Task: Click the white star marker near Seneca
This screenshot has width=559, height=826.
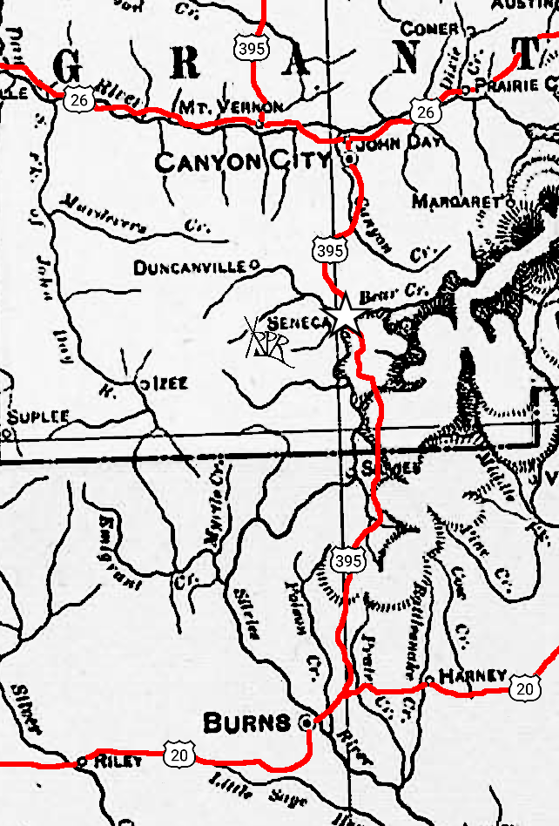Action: click(344, 313)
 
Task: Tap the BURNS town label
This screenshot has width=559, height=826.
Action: click(246, 722)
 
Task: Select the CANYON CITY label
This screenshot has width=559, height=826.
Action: click(242, 160)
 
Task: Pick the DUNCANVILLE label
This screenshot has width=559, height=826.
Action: click(191, 268)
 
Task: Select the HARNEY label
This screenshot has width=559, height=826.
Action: click(472, 676)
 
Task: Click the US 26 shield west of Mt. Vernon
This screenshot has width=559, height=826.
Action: click(78, 101)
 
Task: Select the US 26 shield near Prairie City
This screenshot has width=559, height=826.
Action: click(425, 111)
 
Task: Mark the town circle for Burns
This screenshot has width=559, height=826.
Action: click(306, 722)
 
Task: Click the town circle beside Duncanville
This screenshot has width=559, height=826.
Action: click(254, 263)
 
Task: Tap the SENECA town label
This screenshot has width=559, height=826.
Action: click(301, 322)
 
